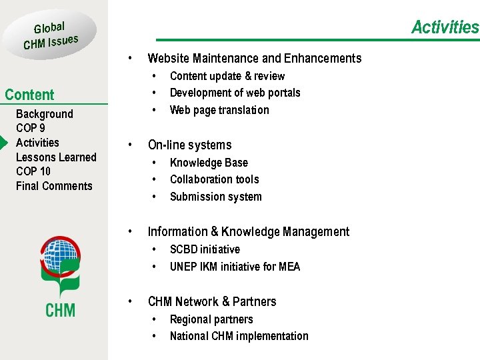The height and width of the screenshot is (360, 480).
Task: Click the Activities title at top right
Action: (445, 27)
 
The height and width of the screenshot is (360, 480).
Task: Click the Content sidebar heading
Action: (29, 95)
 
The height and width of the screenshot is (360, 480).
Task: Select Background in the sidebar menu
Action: (44, 114)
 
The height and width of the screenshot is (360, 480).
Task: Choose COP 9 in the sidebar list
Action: (31, 128)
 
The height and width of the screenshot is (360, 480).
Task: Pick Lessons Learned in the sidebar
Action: (56, 157)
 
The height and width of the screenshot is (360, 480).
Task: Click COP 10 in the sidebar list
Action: (33, 171)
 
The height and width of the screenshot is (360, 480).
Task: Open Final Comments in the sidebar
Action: (54, 186)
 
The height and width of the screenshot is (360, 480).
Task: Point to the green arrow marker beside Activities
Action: (4, 143)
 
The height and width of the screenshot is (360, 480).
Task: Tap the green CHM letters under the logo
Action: (60, 310)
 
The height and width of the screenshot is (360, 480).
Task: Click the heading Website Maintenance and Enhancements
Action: (254, 58)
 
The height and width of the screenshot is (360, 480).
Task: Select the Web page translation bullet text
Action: (219, 110)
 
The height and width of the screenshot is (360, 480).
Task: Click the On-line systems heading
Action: (189, 145)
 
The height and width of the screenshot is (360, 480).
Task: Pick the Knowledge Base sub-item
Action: (209, 163)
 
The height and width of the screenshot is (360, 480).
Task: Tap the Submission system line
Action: (215, 197)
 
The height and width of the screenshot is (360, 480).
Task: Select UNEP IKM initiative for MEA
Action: (235, 267)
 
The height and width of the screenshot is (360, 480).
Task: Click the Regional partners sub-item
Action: (211, 319)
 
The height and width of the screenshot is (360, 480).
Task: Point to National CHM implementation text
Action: (239, 336)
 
